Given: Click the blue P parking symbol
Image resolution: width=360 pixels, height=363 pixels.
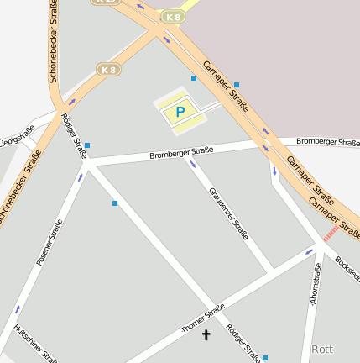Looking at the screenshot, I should pos(180,112).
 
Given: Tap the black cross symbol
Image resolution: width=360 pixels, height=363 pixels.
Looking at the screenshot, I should pos(206,334).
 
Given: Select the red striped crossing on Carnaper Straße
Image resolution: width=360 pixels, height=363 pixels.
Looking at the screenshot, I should pos(331,233).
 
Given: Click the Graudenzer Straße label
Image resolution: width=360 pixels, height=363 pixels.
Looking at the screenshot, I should pos(229,213).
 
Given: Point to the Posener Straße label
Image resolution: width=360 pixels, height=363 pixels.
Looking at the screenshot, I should pos(50,243).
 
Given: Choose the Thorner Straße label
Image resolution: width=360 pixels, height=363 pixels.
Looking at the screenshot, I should pos(203,318).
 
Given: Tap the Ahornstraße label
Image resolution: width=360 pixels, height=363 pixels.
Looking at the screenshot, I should pos(316,284).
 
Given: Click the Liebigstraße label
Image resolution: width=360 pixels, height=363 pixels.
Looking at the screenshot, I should pos(16,134).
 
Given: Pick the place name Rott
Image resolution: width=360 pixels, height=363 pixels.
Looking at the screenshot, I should pos(322,348).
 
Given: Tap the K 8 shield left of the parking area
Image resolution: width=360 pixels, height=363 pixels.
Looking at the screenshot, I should pos(107,70).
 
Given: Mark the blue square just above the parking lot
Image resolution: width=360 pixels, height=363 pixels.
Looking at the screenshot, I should pos(194,78).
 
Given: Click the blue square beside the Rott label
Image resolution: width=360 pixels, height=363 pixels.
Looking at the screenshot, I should pos(265,358).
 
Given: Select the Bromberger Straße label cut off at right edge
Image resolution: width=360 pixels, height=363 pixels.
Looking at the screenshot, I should pos(328,141).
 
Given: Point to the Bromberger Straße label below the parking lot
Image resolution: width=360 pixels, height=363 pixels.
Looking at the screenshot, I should pos(181,152).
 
